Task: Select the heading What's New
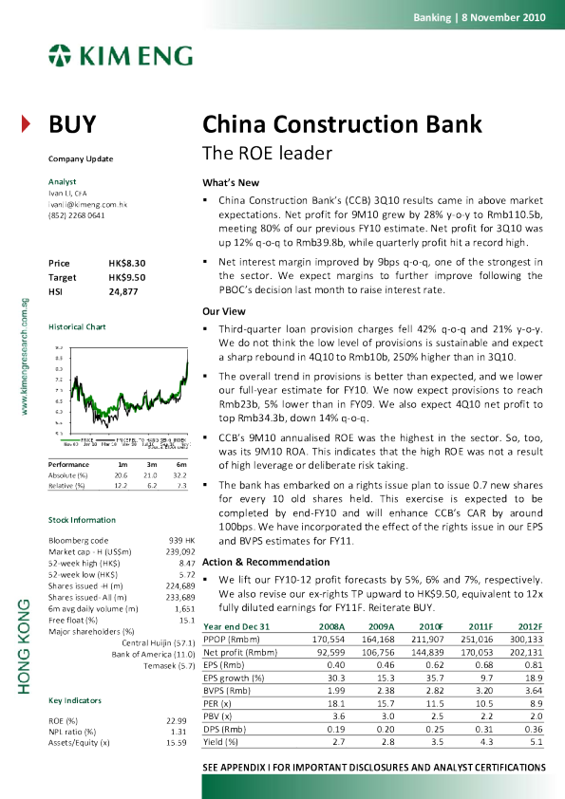[227, 181]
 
